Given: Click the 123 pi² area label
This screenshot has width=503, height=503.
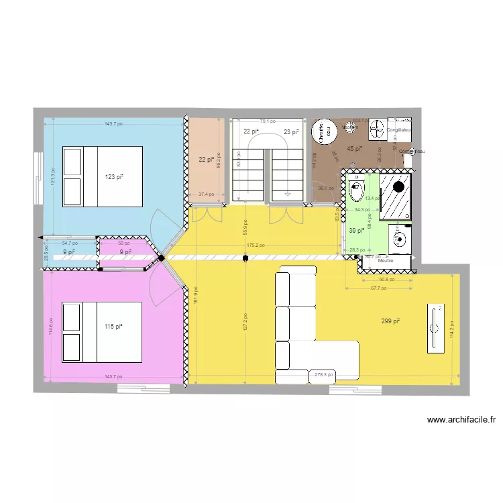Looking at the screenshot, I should pos(113,177).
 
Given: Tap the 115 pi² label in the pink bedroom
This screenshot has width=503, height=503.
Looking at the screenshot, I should pos(113,327).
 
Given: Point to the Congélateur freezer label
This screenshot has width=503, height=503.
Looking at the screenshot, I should pos(399,129).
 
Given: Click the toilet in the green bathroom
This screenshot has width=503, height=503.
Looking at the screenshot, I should pos(357,190).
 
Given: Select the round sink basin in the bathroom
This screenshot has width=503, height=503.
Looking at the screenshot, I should pos(400,237).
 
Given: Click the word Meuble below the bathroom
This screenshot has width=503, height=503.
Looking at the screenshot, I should pos(386,260).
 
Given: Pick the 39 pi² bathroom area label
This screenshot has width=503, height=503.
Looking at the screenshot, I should pos(357,231).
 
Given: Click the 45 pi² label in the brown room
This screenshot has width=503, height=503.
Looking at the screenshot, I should pos(354,149).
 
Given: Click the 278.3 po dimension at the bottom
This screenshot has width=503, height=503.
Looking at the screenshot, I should pos(325,376).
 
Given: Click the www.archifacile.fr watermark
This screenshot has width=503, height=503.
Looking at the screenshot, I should pos(461,421).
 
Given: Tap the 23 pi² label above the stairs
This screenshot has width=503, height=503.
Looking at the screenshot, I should pos(291,132).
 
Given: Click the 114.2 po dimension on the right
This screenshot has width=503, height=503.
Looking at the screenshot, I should pos(452,326).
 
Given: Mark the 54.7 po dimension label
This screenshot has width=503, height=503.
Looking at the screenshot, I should pos(70,243).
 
